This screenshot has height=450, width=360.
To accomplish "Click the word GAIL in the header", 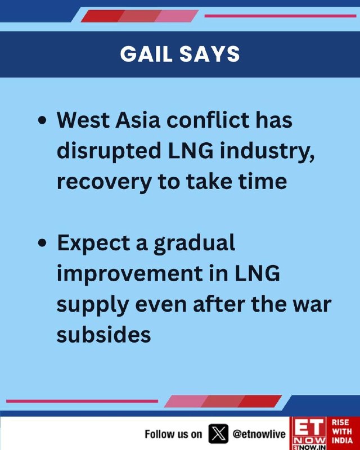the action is (x=146, y=54).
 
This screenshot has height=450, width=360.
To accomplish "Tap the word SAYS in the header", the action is (x=210, y=54).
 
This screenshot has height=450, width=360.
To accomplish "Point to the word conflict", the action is (x=209, y=120).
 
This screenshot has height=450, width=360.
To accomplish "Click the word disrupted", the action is (x=109, y=151).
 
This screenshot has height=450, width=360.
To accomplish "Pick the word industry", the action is (x=267, y=151).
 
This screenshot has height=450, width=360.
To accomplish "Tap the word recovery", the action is (x=104, y=182).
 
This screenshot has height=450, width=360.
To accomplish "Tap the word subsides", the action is (x=103, y=335).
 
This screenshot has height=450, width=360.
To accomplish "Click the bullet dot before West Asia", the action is (x=42, y=120).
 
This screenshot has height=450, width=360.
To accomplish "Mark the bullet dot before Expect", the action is (x=42, y=244).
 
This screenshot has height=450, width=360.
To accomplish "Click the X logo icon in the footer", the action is (x=218, y=433).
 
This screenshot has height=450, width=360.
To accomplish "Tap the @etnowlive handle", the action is (x=259, y=434).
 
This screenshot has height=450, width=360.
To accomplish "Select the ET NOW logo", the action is (x=308, y=433).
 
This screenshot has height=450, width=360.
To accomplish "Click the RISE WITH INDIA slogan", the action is (x=342, y=431).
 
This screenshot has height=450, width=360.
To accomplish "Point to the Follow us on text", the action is (x=173, y=434).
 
